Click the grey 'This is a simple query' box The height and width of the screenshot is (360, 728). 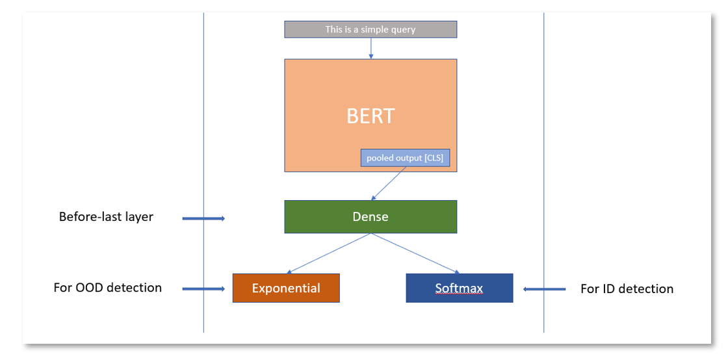[x=370, y=29]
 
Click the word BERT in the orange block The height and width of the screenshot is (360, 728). [x=370, y=116]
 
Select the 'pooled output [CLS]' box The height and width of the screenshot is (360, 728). [x=405, y=158]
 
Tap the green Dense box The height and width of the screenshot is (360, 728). [x=370, y=216]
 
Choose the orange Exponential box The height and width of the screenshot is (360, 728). [x=286, y=288]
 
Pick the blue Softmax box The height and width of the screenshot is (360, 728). [x=459, y=288]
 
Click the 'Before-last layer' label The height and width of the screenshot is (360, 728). [x=106, y=217]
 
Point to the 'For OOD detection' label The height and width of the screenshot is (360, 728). [x=107, y=287]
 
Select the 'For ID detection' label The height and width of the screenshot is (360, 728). [x=627, y=289]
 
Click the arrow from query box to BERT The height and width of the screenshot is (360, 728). [x=370, y=48]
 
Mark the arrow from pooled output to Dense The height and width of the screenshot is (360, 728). [x=389, y=183]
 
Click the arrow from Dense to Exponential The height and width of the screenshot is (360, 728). [x=328, y=253]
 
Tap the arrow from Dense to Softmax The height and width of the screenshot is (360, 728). [x=415, y=253]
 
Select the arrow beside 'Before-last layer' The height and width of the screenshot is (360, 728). [x=203, y=218]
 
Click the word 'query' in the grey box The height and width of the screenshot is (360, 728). [x=403, y=29]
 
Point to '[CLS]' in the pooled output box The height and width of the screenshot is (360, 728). [x=432, y=158]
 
